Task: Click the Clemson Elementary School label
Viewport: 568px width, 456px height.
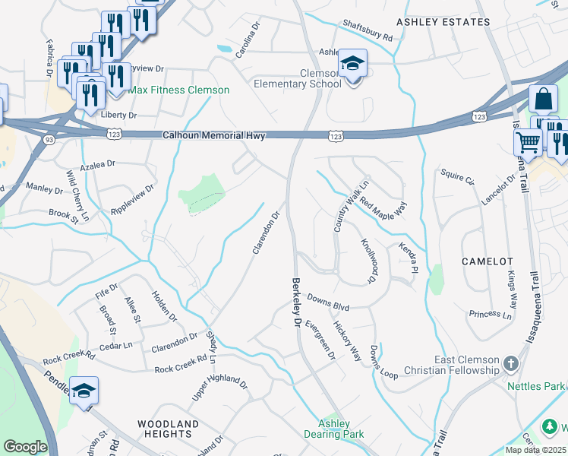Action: pos(298,78)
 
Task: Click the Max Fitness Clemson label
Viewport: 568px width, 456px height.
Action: pos(178,90)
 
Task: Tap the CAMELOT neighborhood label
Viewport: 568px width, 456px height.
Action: pos(488,261)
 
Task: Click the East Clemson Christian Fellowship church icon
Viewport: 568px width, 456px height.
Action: pos(511,365)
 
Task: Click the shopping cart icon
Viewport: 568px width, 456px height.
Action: pos(527,141)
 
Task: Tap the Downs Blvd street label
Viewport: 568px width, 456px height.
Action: pos(328,303)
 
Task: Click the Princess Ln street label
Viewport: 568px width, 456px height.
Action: pos(490,314)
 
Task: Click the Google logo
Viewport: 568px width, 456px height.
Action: pos(25,447)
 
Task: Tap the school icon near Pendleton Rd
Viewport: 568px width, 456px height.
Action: pos(84,391)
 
